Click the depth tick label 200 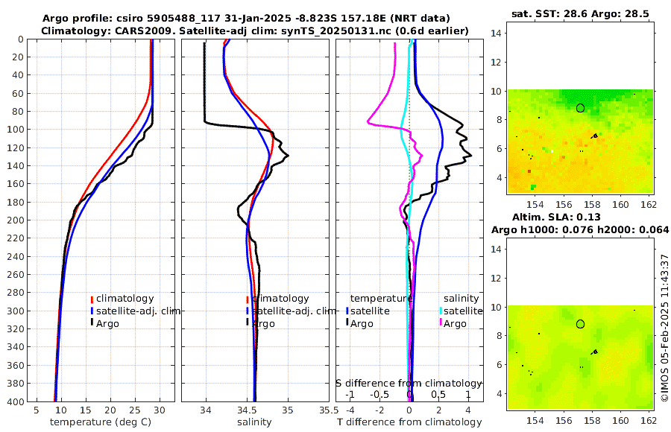[x=13, y=220]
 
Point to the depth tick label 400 [x=13, y=401]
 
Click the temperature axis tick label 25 [x=135, y=410]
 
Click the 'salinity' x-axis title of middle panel [x=254, y=422]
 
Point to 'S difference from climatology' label [x=409, y=382]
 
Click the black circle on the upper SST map [x=580, y=108]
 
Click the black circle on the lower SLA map [x=580, y=324]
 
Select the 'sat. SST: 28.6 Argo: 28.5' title [x=580, y=14]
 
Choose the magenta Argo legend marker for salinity [x=441, y=323]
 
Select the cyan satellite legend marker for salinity [x=441, y=311]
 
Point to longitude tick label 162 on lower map [x=649, y=421]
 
